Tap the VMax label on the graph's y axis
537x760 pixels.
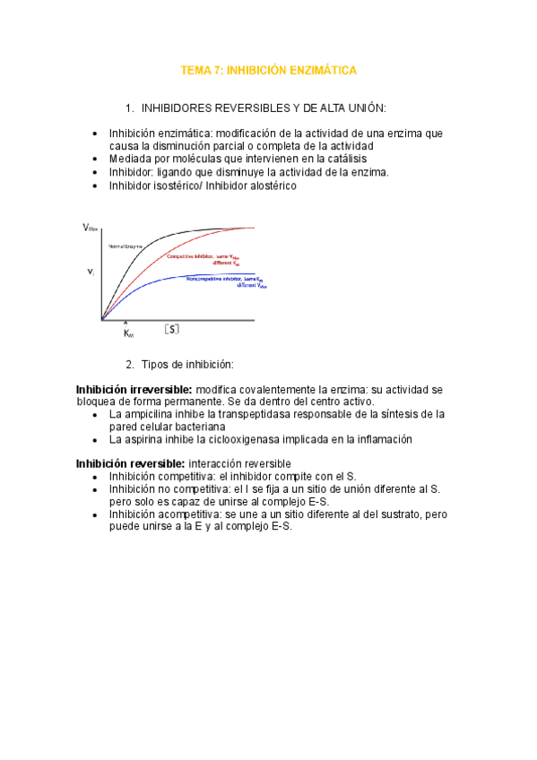[91, 229]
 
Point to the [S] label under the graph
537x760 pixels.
[172, 329]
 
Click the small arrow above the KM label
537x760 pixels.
[126, 323]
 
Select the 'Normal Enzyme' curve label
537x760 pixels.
[126, 246]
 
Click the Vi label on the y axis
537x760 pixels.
[90, 271]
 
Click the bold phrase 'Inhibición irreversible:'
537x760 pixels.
[134, 390]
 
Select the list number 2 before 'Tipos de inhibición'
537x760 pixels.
[130, 364]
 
